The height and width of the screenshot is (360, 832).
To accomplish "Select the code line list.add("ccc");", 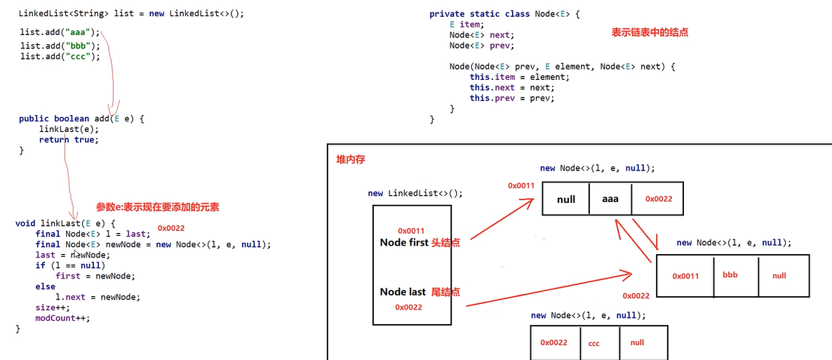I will click(60, 57).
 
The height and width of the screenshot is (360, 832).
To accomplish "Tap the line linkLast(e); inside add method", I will click(69, 129).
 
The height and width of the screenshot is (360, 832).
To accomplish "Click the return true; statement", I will click(69, 140).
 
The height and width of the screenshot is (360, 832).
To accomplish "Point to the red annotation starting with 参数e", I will click(157, 207).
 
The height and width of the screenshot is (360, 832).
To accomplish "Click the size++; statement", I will click(53, 307).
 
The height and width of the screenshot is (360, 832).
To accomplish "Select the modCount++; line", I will click(63, 318).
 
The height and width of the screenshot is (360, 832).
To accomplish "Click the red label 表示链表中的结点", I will click(650, 32).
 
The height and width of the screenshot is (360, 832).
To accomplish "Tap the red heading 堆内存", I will click(351, 160).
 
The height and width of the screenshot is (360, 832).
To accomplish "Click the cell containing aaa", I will click(610, 199).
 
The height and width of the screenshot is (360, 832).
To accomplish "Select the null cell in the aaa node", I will click(566, 199).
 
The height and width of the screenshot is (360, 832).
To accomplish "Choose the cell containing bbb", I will click(730, 275).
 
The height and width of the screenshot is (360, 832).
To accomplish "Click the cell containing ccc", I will click(593, 343).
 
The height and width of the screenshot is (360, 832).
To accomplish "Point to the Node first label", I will click(403, 243).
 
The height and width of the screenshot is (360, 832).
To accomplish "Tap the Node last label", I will click(403, 292).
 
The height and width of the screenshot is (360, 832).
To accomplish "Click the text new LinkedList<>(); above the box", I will click(415, 194).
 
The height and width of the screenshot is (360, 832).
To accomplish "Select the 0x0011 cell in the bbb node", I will click(685, 276).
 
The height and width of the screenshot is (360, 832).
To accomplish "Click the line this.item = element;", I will click(520, 77).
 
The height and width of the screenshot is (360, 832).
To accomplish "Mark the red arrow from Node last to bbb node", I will click(547, 288).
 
